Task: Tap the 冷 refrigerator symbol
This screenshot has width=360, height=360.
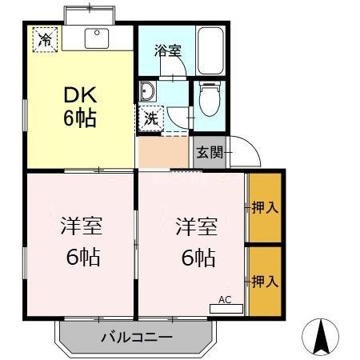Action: (x=45, y=38)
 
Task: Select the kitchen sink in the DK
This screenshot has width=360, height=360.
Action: (x=100, y=37)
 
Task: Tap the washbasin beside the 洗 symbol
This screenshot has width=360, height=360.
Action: (x=150, y=91)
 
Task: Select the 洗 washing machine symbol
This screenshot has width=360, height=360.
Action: (x=150, y=118)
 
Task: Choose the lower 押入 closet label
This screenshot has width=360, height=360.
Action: (x=264, y=281)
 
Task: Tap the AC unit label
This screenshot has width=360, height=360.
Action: (x=225, y=302)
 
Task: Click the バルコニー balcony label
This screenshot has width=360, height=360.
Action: (x=136, y=338)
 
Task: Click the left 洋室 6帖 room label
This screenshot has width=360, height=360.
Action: (x=80, y=241)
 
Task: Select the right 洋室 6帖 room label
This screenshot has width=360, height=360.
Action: (x=194, y=241)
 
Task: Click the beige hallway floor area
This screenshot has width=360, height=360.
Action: (x=162, y=153)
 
